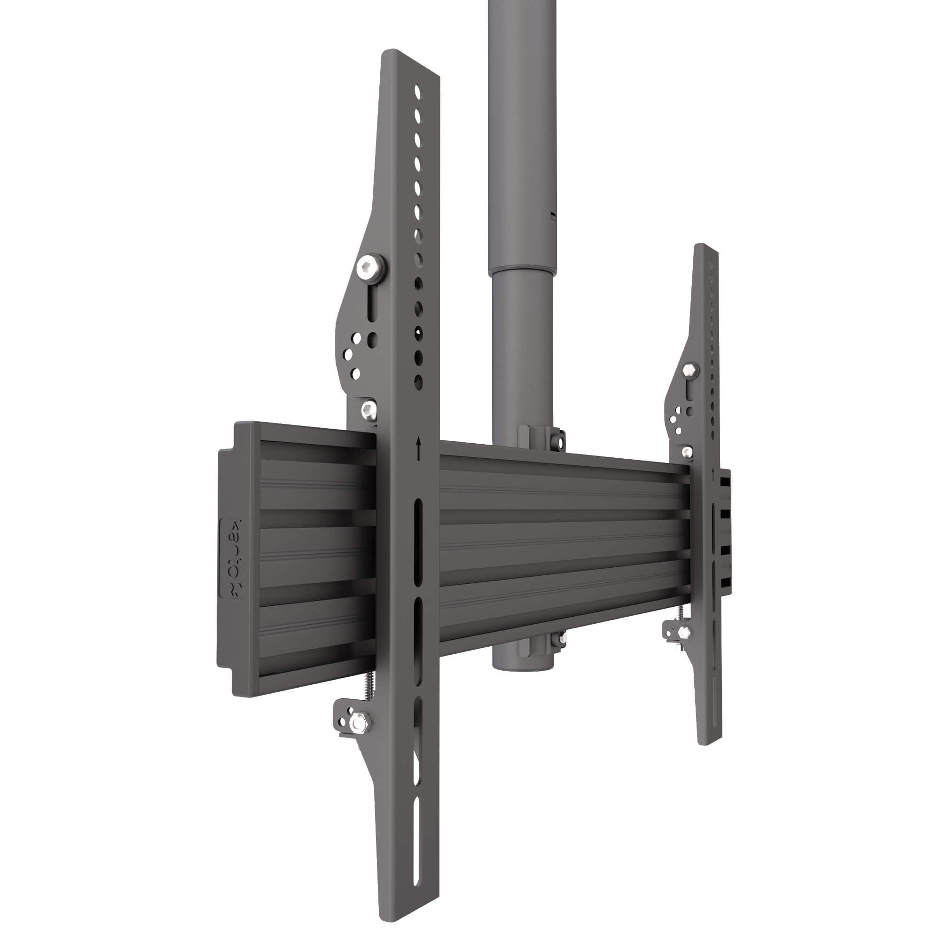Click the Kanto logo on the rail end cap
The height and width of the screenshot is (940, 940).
coord(233,559)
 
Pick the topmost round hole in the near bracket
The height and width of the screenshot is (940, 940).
coord(417,93)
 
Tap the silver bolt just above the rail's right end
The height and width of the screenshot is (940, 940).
coord(687,452)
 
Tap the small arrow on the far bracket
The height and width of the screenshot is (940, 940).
coord(713,472)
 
